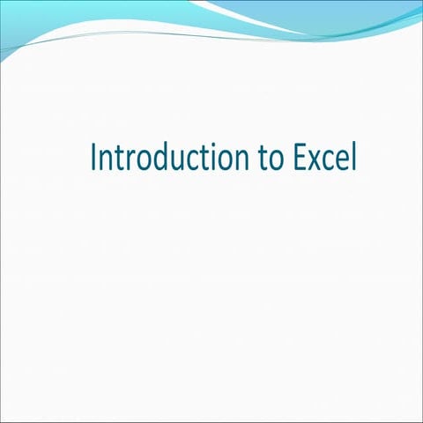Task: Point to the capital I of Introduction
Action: point(94,158)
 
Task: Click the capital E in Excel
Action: point(300,158)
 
